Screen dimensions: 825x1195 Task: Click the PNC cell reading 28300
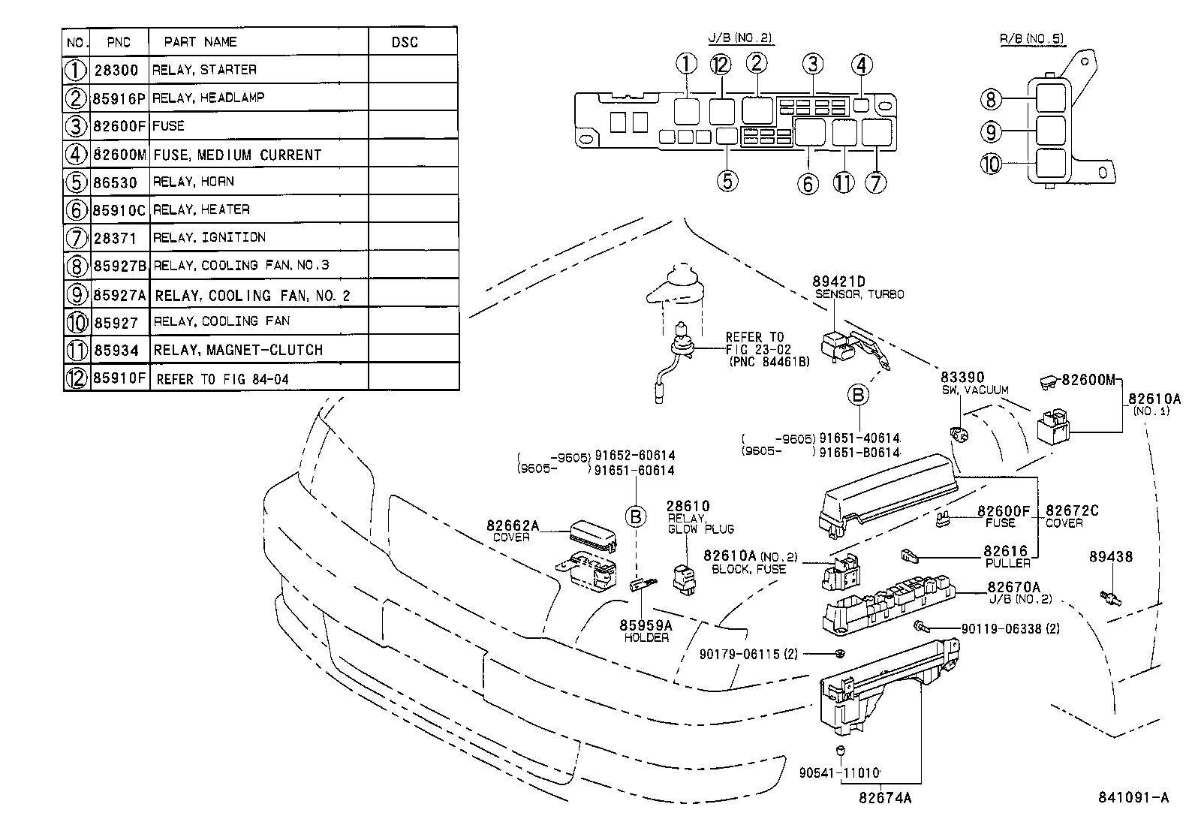pos(116,70)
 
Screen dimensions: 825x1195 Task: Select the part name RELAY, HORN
pos(194,182)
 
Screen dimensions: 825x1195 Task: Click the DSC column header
pos(405,42)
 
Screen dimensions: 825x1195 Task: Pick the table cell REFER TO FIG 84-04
pos(222,379)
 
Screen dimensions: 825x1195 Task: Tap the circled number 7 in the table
pos(77,237)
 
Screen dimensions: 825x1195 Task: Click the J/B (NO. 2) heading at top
pos(739,38)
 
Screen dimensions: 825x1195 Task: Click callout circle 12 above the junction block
pos(721,65)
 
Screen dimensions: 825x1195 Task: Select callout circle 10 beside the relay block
pos(992,163)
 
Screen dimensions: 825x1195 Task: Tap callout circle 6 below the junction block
pos(808,182)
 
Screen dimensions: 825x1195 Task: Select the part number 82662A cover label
pos(513,525)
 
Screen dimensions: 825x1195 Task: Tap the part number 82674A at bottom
pos(886,798)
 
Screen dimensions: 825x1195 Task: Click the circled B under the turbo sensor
pos(859,395)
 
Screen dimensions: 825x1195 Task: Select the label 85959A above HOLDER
pos(646,625)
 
